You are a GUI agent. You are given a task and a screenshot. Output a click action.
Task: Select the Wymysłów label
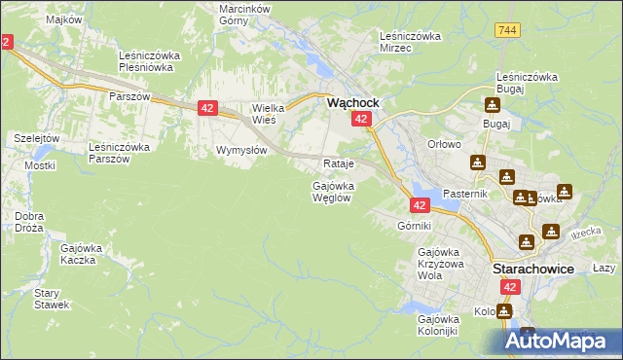coord(241,151)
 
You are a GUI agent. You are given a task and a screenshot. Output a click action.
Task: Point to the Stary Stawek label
coord(52,299)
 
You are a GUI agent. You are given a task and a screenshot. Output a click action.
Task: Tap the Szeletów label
coord(37,138)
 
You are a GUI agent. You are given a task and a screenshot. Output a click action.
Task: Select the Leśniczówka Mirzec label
coord(410,42)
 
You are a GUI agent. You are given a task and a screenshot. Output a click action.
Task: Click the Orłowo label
coord(444,144)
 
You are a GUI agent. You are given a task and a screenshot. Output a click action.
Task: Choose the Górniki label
coord(414,226)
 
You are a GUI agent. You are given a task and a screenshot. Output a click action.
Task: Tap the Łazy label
coord(605,268)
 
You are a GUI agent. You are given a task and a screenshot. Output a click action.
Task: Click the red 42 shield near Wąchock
coord(360,119)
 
